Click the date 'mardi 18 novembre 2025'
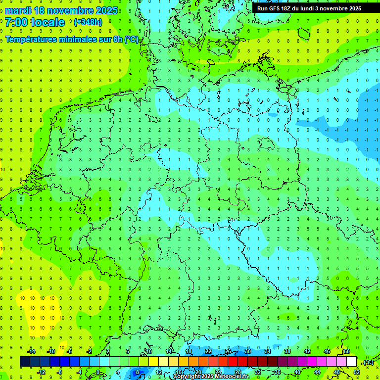(61, 10)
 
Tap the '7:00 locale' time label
(35, 22)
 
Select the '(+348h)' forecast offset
(88, 22)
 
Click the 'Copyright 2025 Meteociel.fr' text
(211, 377)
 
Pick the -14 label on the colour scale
(32, 351)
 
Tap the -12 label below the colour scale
(41, 372)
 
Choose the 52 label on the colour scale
(357, 372)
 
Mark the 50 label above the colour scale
(347, 351)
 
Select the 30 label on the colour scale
(247, 351)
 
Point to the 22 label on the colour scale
(208, 351)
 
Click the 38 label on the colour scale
(287, 351)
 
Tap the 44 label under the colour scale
(317, 372)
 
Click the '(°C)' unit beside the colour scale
(368, 362)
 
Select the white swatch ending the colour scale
(351, 362)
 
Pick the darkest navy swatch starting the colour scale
(25, 362)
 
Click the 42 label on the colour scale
(307, 351)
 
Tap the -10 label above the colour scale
(51, 351)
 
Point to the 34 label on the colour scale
(267, 351)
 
